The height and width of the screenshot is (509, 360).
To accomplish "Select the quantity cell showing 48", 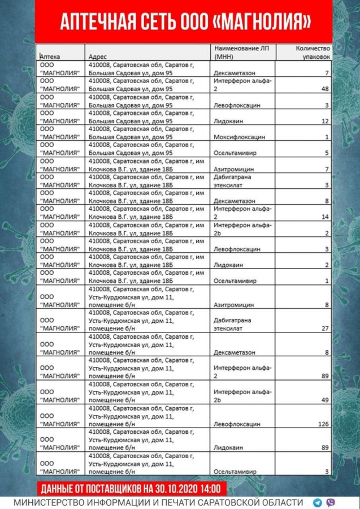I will tap(325, 89).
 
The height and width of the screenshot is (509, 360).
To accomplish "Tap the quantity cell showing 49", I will tap(325, 399).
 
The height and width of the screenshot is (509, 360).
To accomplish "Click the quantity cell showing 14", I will tap(325, 217).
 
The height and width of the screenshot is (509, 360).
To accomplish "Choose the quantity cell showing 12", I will tap(325, 121).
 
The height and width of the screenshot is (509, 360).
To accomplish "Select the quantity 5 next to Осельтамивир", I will tap(327, 153).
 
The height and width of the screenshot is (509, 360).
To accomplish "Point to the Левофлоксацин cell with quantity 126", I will tap(237, 423).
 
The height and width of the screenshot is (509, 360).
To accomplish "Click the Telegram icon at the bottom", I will tap(317, 502).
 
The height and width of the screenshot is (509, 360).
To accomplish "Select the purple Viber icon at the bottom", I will tap(330, 502).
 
